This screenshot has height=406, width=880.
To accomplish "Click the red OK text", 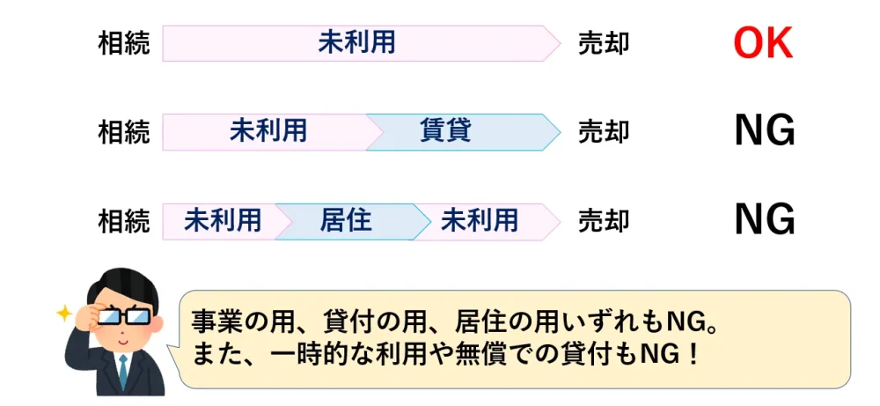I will pyautogui.click(x=763, y=43).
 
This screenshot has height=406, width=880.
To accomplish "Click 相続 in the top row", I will pyautogui.click(x=124, y=43).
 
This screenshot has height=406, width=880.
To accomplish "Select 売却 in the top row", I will pyautogui.click(x=604, y=43).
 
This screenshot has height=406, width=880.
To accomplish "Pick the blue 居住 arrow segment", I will pyautogui.click(x=346, y=220).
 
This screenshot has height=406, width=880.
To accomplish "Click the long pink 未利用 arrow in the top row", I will pyautogui.click(x=357, y=43).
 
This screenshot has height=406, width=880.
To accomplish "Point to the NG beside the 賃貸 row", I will pyautogui.click(x=764, y=132).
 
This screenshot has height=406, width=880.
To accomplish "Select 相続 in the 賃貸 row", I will pyautogui.click(x=124, y=132).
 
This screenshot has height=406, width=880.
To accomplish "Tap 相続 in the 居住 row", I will pyautogui.click(x=124, y=220).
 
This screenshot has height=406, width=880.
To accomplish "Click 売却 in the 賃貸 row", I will pyautogui.click(x=604, y=132).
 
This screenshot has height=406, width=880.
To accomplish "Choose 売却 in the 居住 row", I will pyautogui.click(x=604, y=220).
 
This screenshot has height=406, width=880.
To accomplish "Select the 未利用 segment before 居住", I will pyautogui.click(x=223, y=220).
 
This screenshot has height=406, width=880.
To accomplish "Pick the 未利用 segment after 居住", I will pyautogui.click(x=480, y=220).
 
